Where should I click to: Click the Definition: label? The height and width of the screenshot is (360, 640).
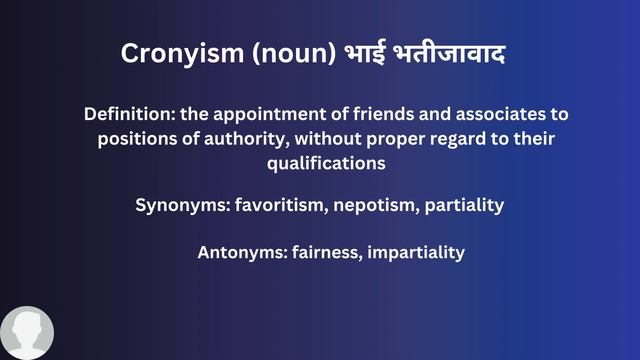click(129, 115)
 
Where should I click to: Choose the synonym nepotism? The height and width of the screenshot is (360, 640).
click(375, 206)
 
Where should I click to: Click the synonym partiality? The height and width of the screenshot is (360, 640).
click(464, 206)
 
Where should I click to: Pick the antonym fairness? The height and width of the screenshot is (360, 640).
click(326, 252)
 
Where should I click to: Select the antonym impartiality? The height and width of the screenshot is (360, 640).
click(417, 252)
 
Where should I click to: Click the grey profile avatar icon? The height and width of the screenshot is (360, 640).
click(27, 334)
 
